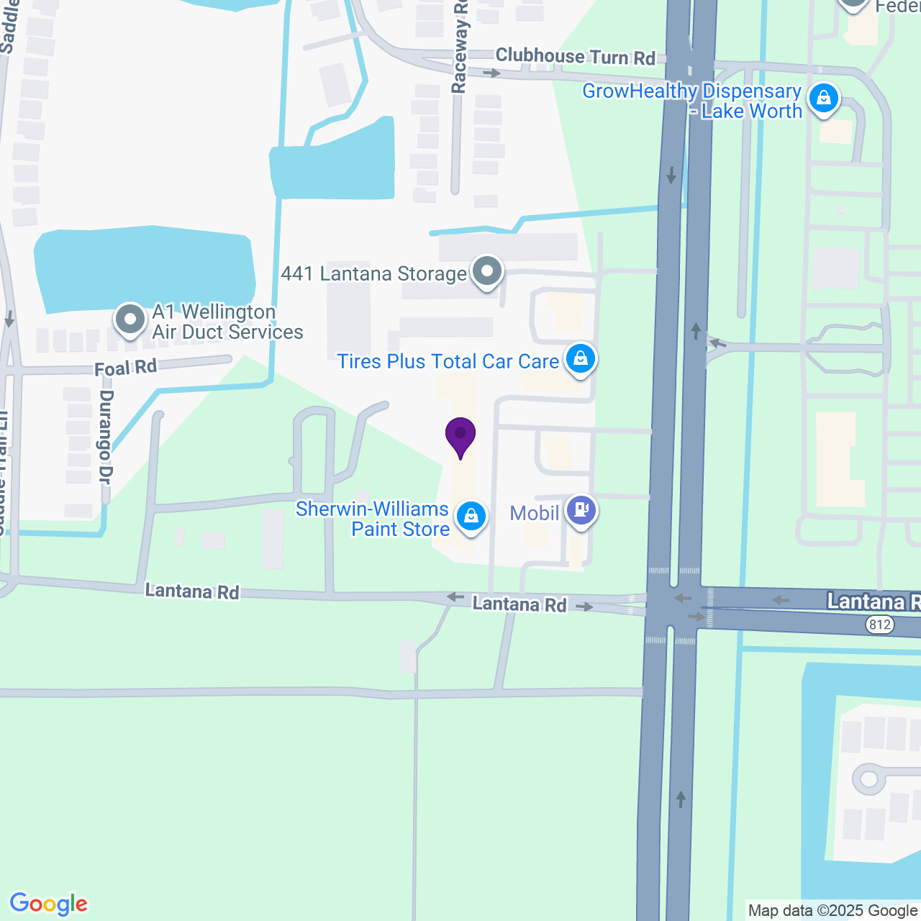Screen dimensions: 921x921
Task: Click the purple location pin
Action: point(460,435)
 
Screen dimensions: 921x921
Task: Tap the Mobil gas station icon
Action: point(581,511)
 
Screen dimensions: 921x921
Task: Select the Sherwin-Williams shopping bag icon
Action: point(471,517)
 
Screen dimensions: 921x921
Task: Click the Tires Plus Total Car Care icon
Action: point(580,358)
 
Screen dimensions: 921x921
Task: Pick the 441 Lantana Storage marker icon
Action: point(487,272)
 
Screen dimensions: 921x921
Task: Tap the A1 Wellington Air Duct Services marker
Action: point(130,319)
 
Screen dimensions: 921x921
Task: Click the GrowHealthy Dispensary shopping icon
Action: point(823,98)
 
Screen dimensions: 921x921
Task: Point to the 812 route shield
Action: point(879,625)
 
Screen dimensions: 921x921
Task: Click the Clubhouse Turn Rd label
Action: point(575,57)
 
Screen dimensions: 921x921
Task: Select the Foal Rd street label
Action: point(126,368)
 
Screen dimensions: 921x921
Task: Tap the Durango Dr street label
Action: point(106,437)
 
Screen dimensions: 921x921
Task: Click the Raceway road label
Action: point(459,47)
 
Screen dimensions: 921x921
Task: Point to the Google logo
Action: point(49,904)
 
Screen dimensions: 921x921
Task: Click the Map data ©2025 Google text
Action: point(832,911)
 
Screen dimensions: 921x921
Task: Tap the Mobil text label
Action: point(535,513)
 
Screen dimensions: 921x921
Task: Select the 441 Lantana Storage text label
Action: point(373,273)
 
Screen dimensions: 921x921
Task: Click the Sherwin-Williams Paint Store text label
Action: point(373,519)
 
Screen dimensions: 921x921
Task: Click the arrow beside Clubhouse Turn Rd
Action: point(491,73)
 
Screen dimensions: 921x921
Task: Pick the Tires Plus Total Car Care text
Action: point(448,361)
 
